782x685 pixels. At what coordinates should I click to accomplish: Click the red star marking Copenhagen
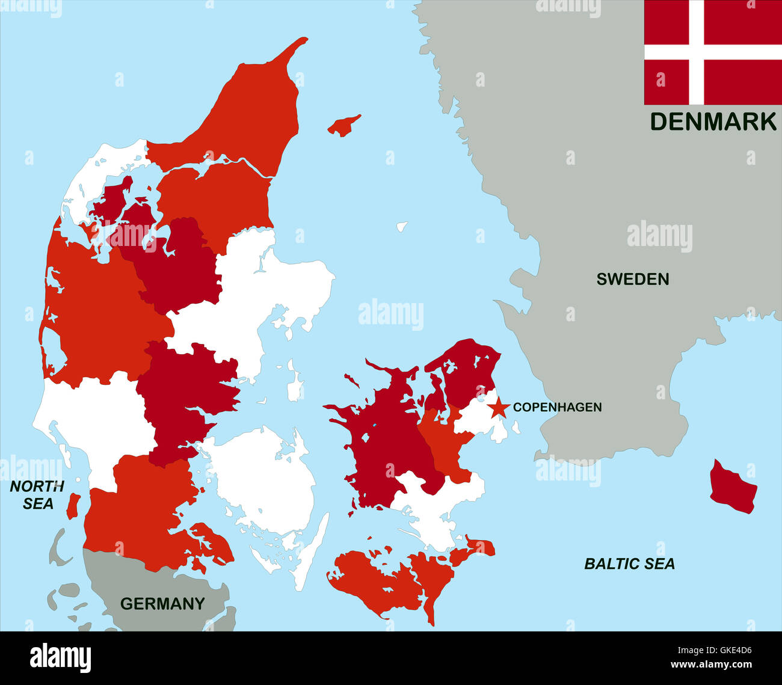tap(498, 408)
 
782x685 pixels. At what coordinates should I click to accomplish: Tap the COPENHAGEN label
tap(557, 407)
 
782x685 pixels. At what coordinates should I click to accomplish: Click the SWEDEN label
tap(632, 279)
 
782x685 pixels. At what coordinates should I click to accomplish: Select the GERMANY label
tap(162, 603)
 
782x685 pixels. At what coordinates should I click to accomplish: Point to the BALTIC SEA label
tap(629, 564)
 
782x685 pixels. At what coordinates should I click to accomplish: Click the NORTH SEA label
tap(37, 495)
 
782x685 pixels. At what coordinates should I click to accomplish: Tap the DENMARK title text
tap(713, 121)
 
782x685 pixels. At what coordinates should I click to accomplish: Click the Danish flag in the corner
tap(713, 53)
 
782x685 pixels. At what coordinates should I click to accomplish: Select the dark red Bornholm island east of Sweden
tap(732, 487)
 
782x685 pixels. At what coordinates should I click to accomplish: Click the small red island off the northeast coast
tap(344, 126)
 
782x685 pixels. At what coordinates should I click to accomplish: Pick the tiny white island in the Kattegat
tap(402, 227)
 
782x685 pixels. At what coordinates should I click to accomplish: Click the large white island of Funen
tap(265, 475)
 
